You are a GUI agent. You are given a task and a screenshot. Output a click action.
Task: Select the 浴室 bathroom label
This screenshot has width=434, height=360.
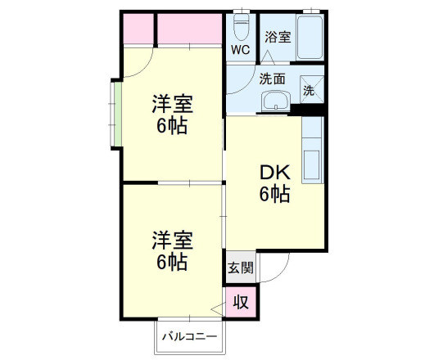(278, 37)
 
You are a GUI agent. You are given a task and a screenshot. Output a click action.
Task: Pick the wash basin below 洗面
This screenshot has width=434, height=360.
(275, 101)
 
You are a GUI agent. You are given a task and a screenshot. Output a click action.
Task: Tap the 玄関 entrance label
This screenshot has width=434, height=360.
(240, 267)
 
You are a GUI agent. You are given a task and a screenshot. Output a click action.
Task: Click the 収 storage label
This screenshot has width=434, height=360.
(241, 301)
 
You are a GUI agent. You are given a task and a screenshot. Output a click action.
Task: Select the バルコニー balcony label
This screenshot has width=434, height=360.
(188, 336)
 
